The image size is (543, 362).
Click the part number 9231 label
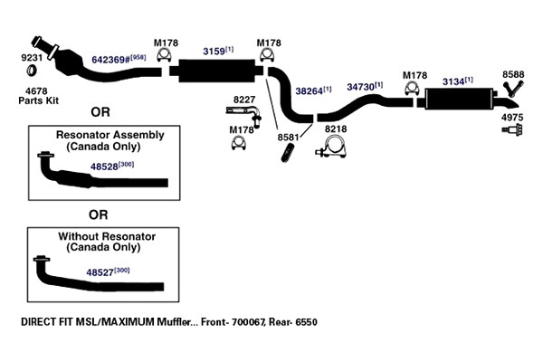[x=32, y=58]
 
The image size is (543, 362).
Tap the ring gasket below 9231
[x=33, y=71]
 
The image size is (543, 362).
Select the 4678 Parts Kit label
[x=38, y=96]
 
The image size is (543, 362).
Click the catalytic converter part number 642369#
[x=111, y=59]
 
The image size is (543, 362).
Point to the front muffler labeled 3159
[x=217, y=71]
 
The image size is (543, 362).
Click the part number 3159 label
[x=214, y=52]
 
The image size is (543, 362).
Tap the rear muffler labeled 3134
[x=460, y=99]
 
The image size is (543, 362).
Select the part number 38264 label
[x=309, y=91]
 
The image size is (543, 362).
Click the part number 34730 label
[x=360, y=87]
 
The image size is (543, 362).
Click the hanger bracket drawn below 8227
[x=244, y=115]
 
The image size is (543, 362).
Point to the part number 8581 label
[x=288, y=138]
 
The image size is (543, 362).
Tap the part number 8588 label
[x=513, y=74]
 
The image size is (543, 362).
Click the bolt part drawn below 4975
[x=512, y=130]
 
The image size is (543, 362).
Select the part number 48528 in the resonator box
[x=104, y=167]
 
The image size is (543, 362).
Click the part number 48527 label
[x=100, y=272]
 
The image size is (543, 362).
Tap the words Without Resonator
[x=107, y=236]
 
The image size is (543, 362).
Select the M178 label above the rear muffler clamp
[x=414, y=75]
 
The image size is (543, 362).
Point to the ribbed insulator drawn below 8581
[x=288, y=154]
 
